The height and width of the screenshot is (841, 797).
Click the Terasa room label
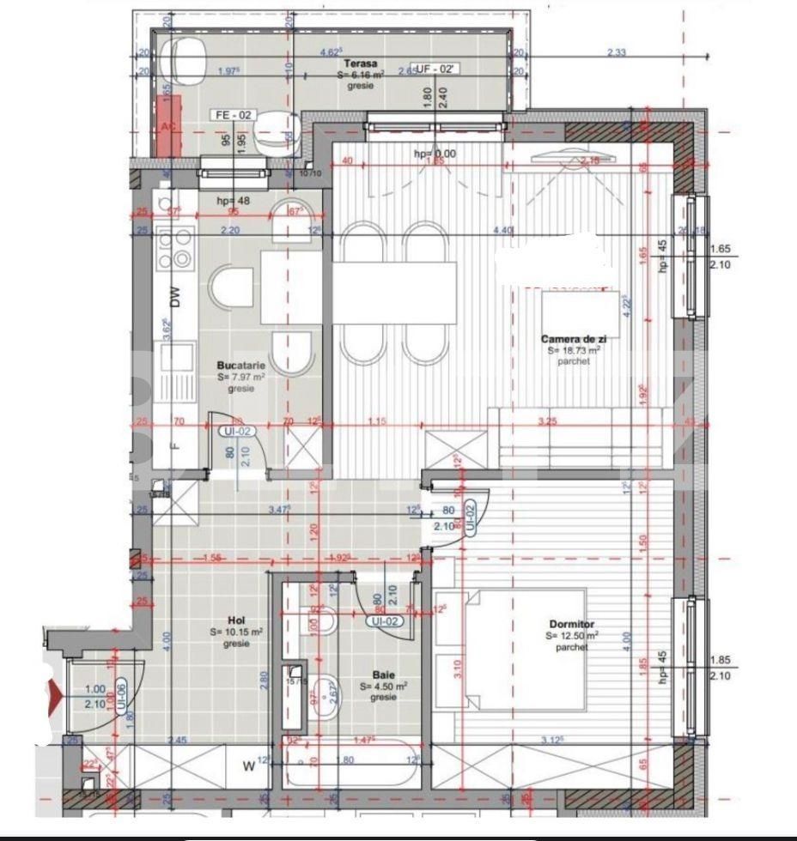tap(358, 64)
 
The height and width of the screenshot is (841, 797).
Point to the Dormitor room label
tap(572, 624)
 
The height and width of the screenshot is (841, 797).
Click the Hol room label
tap(234, 620)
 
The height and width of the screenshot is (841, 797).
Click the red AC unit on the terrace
tap(168, 126)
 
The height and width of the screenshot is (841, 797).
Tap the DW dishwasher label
tap(176, 298)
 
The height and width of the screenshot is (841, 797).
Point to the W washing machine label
tap(249, 766)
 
